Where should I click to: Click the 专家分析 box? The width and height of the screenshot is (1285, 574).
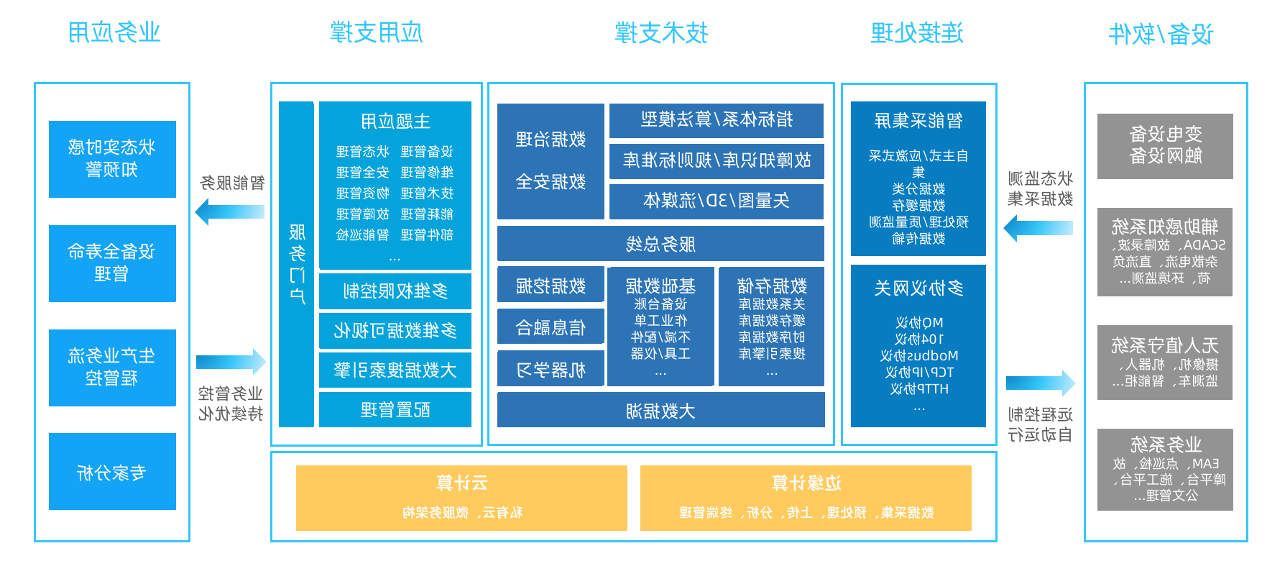pos(112,471)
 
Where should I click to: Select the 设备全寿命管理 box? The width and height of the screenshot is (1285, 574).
pos(112,263)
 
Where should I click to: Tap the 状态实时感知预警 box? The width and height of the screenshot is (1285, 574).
pos(112,159)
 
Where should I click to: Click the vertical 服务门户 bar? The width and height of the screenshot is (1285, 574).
pos(296,264)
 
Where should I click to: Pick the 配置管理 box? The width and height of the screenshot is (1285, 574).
pos(395,410)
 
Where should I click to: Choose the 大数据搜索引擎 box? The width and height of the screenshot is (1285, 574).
pos(395,370)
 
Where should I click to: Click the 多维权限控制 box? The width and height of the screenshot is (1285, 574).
pos(395,291)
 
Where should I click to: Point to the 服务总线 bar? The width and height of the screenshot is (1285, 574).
pos(660,244)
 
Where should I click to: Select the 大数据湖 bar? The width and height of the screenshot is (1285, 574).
pos(660,411)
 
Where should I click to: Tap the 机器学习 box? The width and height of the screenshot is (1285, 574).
pos(551,370)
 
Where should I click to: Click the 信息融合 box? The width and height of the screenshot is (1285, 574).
pos(551,328)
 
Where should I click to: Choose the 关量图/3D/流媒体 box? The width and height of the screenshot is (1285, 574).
pos(716,201)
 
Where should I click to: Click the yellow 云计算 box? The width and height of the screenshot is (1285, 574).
pos(461,498)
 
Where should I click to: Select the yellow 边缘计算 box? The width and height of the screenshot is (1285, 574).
pos(806,498)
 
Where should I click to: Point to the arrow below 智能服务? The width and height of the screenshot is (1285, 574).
pos(230,212)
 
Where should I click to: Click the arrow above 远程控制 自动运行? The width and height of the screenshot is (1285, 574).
pos(1040,383)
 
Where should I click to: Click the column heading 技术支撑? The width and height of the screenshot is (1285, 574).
pos(661,33)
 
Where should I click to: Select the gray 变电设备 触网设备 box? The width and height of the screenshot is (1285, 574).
pos(1165,146)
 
